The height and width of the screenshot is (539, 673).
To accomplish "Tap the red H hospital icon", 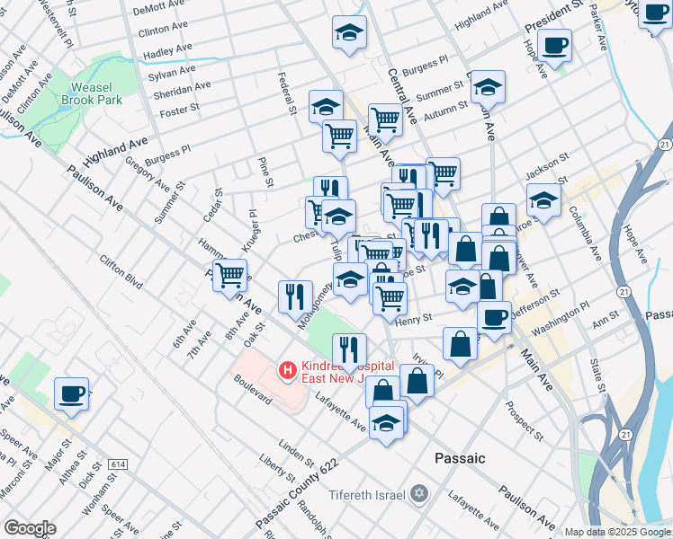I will (287, 368).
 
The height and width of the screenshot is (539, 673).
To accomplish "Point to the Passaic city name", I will (460, 458).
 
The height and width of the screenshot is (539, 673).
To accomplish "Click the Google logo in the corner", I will (30, 528).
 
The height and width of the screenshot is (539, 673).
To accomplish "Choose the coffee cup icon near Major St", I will (71, 393).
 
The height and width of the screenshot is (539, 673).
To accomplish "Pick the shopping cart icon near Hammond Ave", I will (230, 274).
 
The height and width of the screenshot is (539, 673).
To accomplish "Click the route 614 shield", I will (118, 464).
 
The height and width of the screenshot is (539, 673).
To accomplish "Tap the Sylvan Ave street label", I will (175, 68).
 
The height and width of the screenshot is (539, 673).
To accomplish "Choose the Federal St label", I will (288, 93).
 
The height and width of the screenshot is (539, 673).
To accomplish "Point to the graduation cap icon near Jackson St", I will (543, 200).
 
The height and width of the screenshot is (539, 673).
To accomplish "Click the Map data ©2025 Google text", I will (618, 532).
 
